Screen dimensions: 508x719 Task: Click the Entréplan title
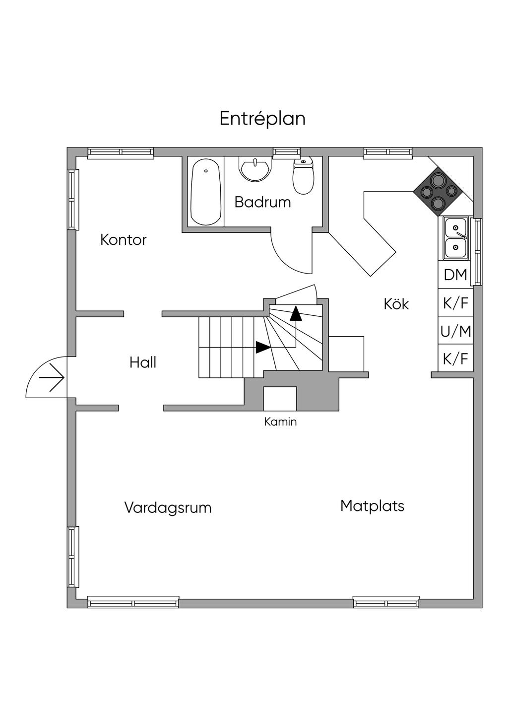262,119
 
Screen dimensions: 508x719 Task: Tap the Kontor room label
124,240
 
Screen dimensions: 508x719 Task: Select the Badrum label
262,202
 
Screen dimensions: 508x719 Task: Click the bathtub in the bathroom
205,193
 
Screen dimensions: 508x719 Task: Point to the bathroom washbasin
255,169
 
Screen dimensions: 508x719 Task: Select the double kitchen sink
456,238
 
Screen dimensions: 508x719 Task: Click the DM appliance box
455,275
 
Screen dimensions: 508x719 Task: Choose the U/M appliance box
455,331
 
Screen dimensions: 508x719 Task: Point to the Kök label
396,304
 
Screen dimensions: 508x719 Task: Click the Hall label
143,362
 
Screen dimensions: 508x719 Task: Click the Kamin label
280,422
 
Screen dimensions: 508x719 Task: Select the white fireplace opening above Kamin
280,399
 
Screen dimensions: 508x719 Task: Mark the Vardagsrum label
168,508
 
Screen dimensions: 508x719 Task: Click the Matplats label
372,506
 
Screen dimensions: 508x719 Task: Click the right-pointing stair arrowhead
263,347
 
